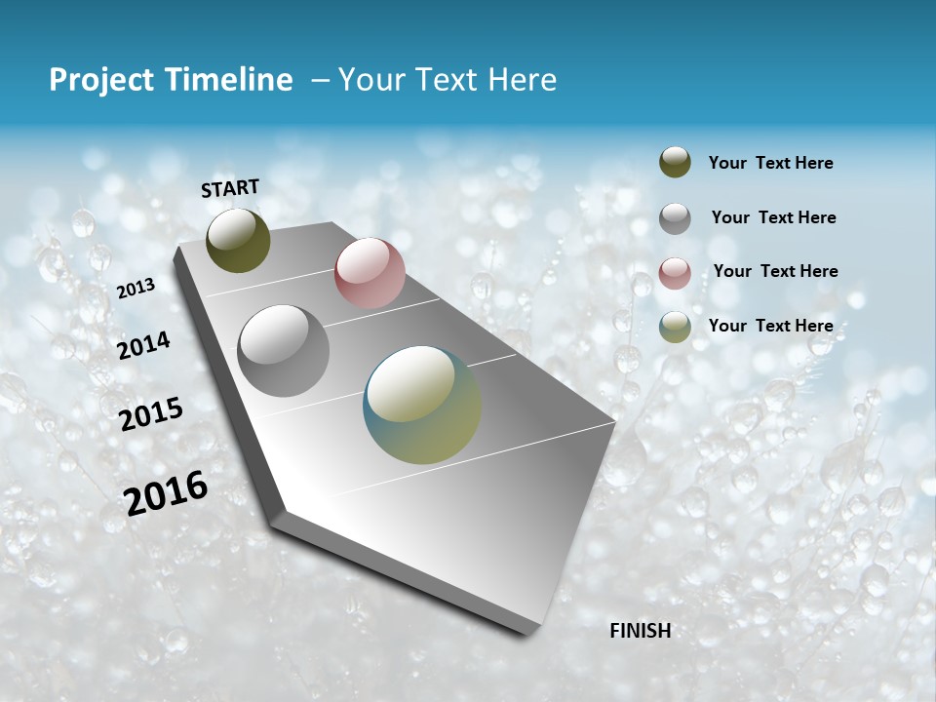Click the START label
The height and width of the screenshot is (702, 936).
click(x=230, y=188)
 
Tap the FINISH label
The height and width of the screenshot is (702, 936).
click(x=641, y=631)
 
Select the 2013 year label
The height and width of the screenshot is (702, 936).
click(x=136, y=289)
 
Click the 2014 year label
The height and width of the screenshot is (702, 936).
click(x=143, y=345)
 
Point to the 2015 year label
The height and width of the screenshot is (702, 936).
click(x=150, y=414)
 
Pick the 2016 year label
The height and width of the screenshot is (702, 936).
click(x=166, y=492)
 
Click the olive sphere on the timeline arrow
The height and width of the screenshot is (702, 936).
click(x=238, y=241)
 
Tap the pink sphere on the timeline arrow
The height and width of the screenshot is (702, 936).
click(x=370, y=273)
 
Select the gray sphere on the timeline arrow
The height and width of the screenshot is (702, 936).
click(x=284, y=351)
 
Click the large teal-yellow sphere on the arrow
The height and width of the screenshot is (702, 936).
click(x=422, y=405)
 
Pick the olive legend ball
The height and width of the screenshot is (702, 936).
click(x=675, y=162)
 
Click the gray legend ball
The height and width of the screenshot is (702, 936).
click(x=675, y=217)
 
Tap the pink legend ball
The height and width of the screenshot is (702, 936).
click(x=675, y=272)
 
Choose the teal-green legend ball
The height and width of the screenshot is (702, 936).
click(x=675, y=327)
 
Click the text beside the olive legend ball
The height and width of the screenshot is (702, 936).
click(x=770, y=163)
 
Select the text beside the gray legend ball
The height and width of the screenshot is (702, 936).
click(x=773, y=217)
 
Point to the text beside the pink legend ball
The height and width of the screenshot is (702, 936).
click(x=775, y=271)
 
